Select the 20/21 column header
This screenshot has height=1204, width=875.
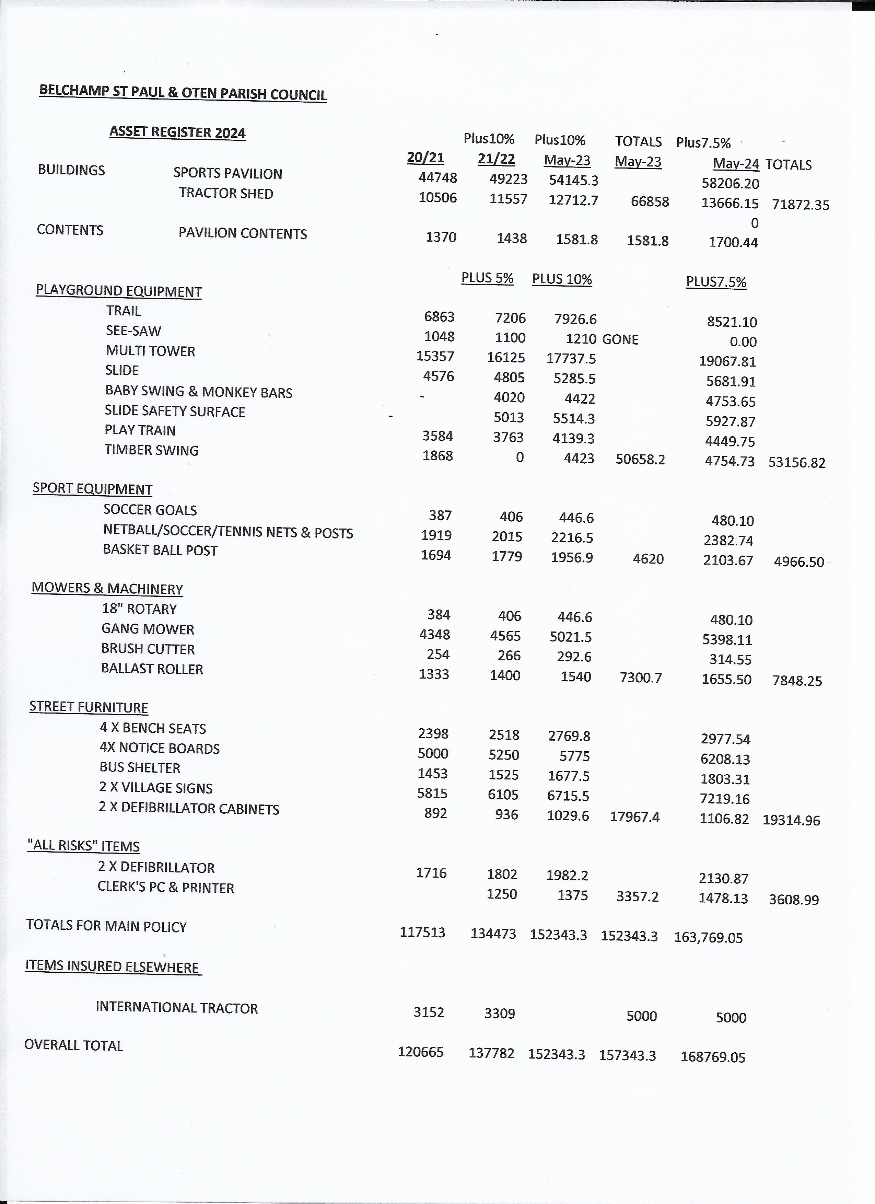coord(425,158)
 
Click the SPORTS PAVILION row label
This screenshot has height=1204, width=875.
coord(227,174)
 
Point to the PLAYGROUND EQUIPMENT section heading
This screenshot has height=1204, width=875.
coord(118,291)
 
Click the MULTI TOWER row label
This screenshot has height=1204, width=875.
coord(150,351)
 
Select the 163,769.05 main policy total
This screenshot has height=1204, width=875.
coord(708,938)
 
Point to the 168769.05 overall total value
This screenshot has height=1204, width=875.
coord(713,1057)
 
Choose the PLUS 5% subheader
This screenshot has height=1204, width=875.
coord(487,278)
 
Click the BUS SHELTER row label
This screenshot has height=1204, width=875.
coord(140,768)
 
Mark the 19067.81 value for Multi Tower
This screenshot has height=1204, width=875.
coord(727,361)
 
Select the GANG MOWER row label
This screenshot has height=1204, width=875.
coord(148,629)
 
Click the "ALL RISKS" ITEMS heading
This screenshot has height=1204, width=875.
coord(83,846)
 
